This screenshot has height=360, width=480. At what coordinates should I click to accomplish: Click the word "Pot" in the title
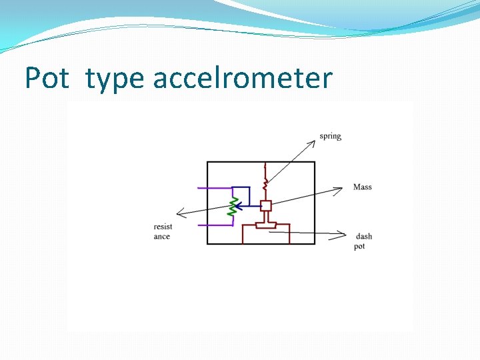pyautogui.click(x=47, y=78)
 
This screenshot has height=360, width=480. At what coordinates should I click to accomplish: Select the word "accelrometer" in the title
pyautogui.click(x=243, y=78)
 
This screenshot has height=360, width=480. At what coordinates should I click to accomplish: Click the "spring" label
pyautogui.click(x=330, y=137)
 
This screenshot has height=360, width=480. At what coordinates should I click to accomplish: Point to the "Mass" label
pyautogui.click(x=363, y=187)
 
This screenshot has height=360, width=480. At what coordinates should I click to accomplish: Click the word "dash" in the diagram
pyautogui.click(x=364, y=237)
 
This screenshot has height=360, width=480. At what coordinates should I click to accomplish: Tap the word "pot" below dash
pyautogui.click(x=360, y=247)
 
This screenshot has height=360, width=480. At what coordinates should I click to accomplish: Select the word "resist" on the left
pyautogui.click(x=163, y=227)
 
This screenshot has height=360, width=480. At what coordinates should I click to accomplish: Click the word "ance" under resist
pyautogui.click(x=162, y=237)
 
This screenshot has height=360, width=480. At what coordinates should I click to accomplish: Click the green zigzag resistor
pyautogui.click(x=233, y=207)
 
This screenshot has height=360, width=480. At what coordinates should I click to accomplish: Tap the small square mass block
pyautogui.click(x=266, y=205)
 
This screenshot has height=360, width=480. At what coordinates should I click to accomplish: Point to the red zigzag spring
pyautogui.click(x=265, y=181)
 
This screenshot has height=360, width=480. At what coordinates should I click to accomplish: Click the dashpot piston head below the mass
pyautogui.click(x=266, y=226)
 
